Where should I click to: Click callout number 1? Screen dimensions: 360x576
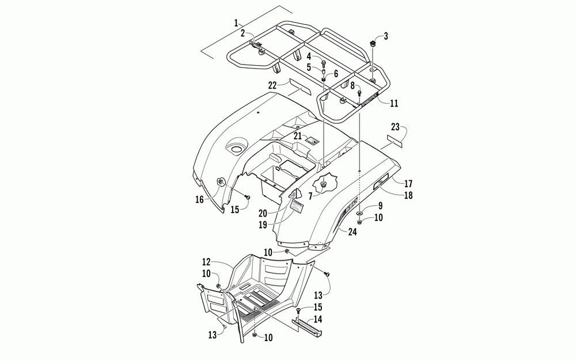click(236, 23)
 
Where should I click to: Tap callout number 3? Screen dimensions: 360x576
click(385, 36)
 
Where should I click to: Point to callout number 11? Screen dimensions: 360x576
click(394, 104)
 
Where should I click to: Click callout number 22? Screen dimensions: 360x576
click(273, 85)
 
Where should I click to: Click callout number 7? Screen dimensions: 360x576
click(310, 196)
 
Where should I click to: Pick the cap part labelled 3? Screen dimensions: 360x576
click(373, 43)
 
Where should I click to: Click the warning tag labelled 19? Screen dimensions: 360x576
click(296, 206)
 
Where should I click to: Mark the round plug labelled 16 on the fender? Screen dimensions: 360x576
click(221, 183)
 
